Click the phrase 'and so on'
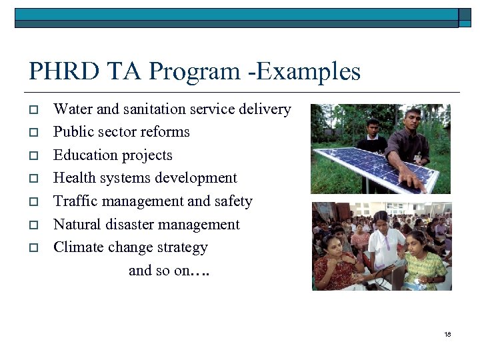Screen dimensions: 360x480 159,270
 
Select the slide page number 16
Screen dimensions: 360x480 447,334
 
